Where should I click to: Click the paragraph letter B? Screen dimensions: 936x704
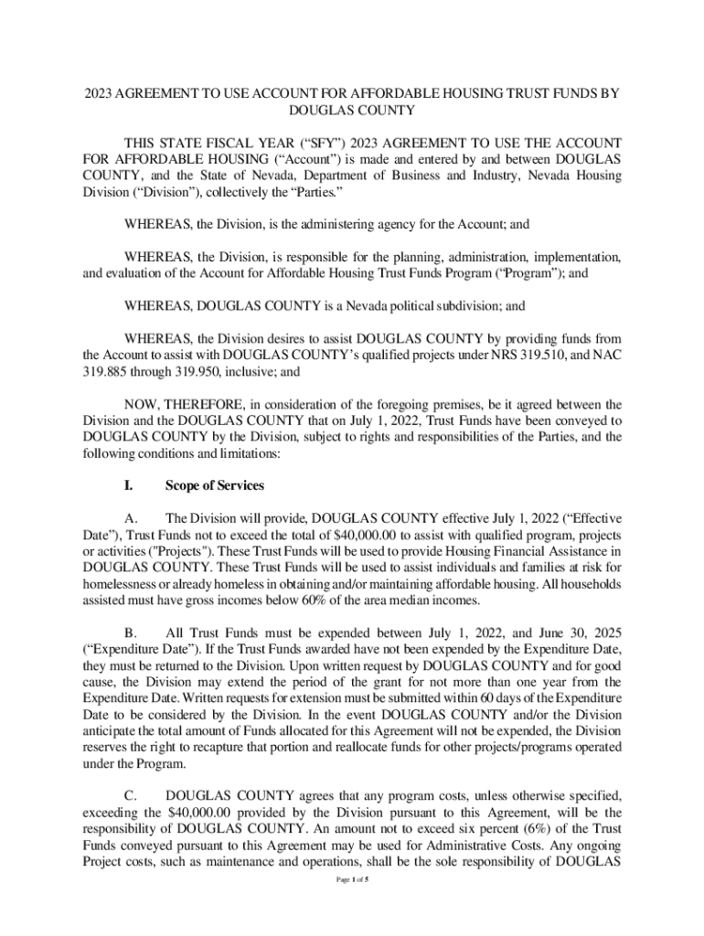click(x=131, y=633)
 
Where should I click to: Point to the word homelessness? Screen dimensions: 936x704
click(x=124, y=583)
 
